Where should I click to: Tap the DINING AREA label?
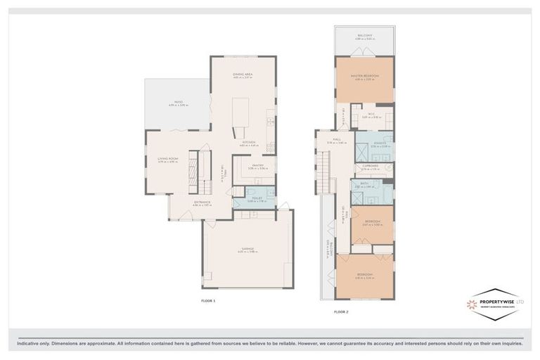tap(243, 75)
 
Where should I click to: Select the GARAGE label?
tap(247, 248)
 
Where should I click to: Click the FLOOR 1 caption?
tap(208, 300)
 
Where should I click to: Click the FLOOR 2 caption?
tap(341, 310)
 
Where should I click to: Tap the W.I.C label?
tap(371, 115)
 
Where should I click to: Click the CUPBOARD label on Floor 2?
tap(371, 167)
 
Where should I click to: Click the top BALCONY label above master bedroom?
tap(364, 36)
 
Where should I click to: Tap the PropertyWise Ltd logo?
tap(496, 304)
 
